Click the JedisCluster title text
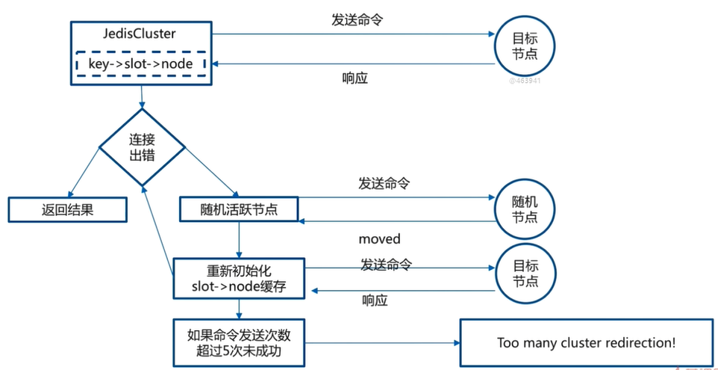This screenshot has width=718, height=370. (x=143, y=34)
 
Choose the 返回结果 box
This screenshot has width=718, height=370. (x=67, y=210)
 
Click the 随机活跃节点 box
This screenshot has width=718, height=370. (x=239, y=209)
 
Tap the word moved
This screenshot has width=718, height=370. (x=379, y=239)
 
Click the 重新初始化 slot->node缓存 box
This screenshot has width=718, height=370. (x=238, y=277)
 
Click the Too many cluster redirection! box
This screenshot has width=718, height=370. (x=586, y=343)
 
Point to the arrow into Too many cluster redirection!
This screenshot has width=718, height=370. (x=381, y=343)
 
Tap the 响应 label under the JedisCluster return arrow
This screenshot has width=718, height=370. (x=355, y=78)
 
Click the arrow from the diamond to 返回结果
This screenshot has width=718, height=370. (x=84, y=171)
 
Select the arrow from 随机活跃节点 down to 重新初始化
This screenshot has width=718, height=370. (x=238, y=240)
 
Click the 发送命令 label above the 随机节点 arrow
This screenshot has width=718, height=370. (x=384, y=183)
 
